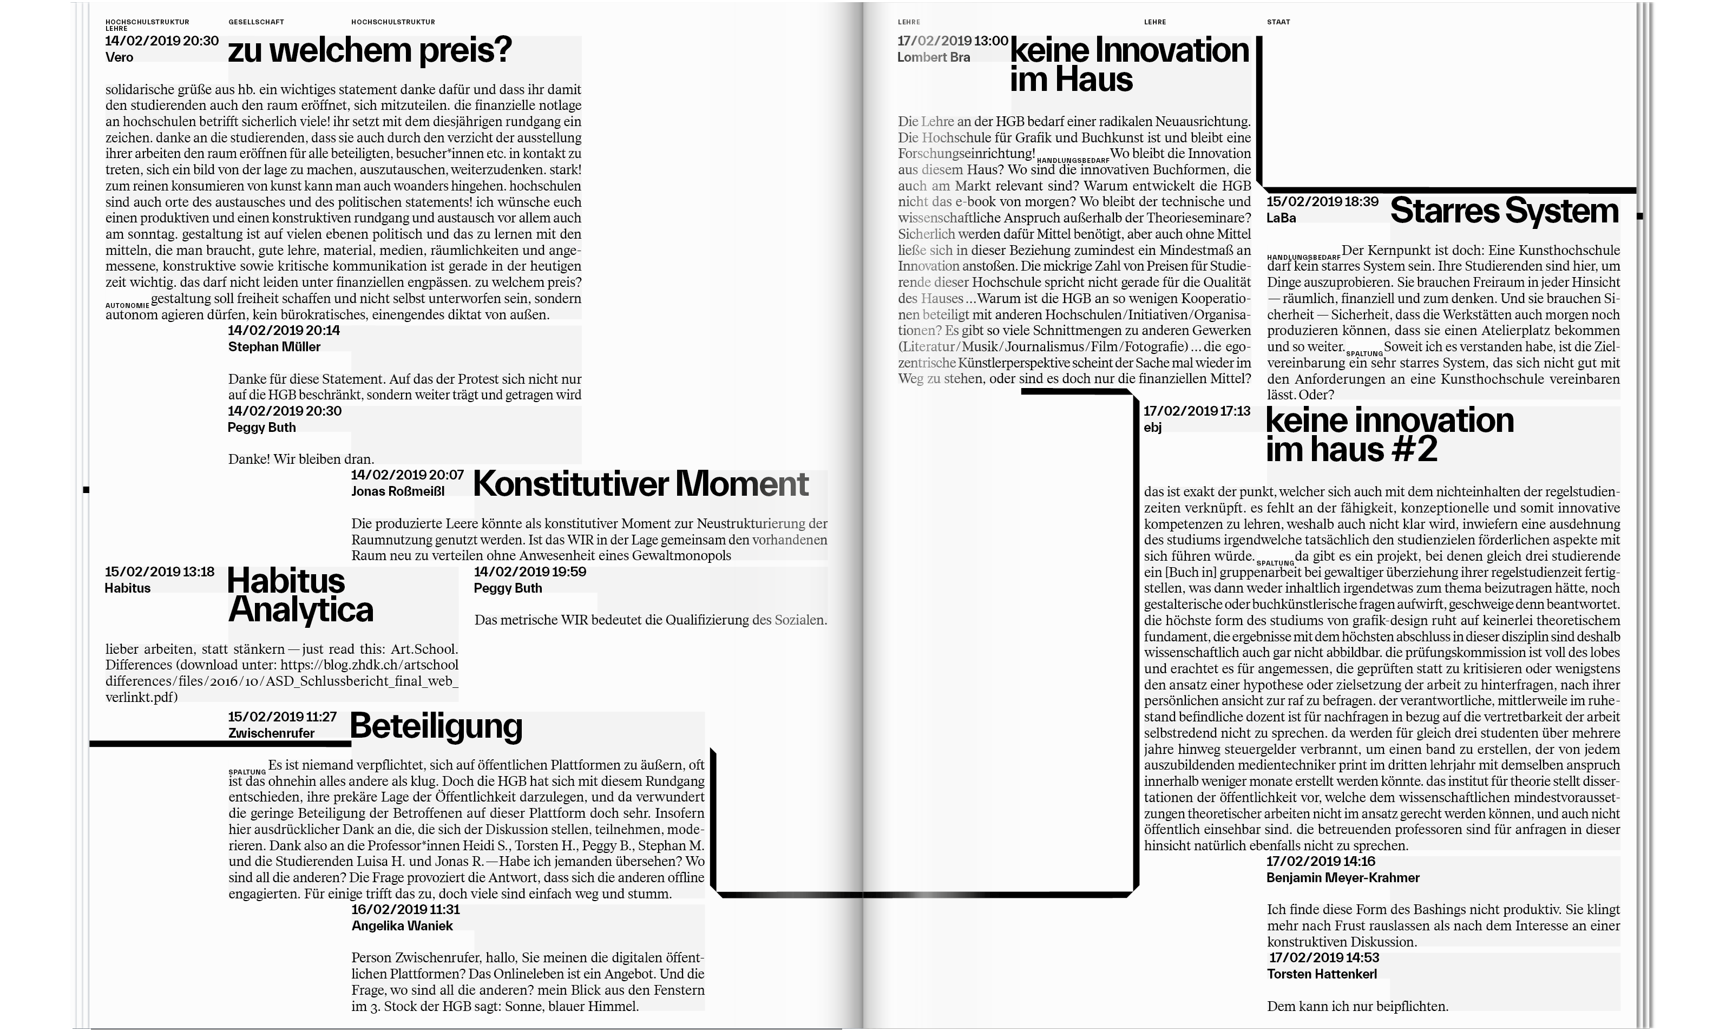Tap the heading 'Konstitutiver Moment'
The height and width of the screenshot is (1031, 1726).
click(640, 484)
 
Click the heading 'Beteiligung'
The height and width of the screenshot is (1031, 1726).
click(436, 726)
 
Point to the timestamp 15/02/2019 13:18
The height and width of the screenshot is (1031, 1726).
click(160, 572)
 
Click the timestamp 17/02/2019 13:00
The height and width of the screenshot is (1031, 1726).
click(952, 41)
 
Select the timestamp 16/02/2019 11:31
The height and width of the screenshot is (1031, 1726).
click(405, 909)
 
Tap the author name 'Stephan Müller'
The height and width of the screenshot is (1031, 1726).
click(274, 347)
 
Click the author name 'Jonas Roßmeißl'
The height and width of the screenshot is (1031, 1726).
click(397, 491)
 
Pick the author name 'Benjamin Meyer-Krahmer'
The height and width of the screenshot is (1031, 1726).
click(1343, 877)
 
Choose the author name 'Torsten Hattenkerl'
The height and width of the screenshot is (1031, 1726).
click(1322, 974)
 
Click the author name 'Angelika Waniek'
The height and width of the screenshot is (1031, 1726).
click(402, 925)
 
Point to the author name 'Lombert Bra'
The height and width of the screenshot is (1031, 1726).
click(934, 57)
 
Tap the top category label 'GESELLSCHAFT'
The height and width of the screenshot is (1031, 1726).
click(257, 22)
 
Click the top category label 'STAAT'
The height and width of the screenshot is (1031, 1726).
click(1278, 22)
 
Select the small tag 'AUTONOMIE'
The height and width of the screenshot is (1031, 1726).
click(127, 306)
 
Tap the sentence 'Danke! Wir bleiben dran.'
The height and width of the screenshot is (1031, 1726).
click(301, 459)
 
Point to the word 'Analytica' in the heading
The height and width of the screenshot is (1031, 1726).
click(301, 610)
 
